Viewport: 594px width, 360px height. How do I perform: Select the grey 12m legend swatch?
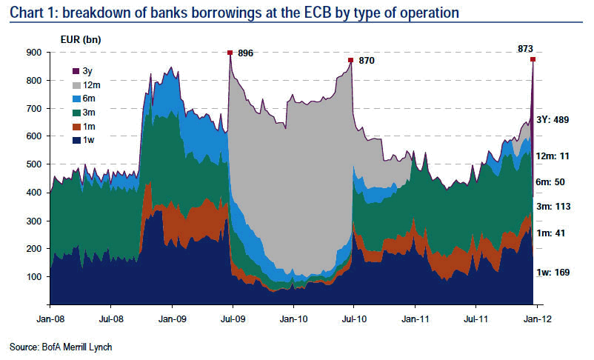pos(75,84)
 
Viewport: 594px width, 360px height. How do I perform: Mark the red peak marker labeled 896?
pos(230,53)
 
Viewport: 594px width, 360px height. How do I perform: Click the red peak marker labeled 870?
pos(351,60)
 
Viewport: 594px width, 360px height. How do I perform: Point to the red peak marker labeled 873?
pos(533,59)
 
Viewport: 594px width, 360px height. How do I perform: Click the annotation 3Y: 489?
pos(552,120)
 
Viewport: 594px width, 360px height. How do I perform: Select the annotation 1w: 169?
pos(553,273)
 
